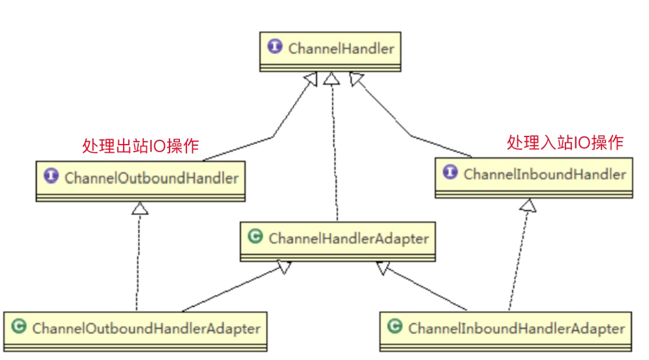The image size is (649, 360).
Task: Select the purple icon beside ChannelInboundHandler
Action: pos(450,173)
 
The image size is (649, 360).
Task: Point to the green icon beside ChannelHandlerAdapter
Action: pos(254,237)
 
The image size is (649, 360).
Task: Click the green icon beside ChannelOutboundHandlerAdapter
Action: pos(18,327)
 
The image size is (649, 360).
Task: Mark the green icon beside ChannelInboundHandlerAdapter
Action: pos(394,327)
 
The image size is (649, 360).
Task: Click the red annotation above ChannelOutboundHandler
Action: pos(140,146)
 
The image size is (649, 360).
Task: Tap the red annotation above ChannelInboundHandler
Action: pos(565,142)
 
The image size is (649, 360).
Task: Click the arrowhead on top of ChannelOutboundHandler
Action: pos(140,208)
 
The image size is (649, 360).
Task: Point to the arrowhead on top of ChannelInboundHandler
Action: pos(528,204)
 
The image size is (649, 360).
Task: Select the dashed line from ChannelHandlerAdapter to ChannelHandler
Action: pos(333,151)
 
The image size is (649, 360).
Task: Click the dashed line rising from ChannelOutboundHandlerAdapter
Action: pos(138,261)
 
